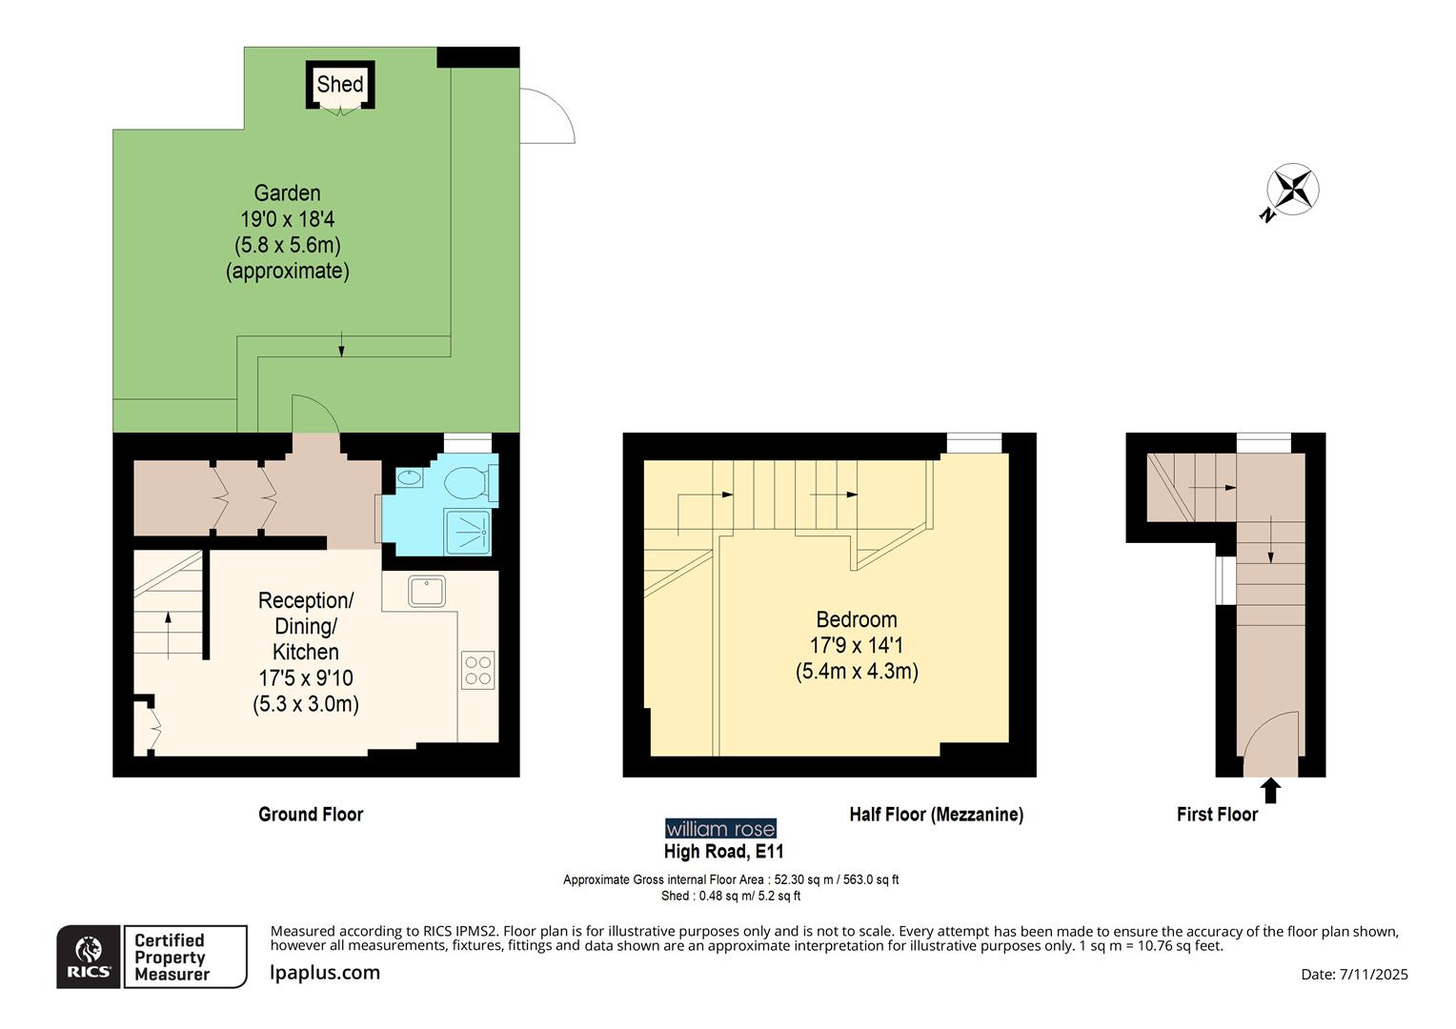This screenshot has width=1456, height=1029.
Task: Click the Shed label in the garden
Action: pos(340,84)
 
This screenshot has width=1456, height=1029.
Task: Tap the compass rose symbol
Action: pos(1292,189)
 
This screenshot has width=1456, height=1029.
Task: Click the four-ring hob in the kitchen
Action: pos(478,669)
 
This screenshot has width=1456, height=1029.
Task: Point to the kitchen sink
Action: pos(427,591)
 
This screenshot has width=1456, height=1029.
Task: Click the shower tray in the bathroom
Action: pos(468,531)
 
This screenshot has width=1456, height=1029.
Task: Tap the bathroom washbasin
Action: pos(410,478)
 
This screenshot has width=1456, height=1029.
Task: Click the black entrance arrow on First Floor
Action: pos(1270,791)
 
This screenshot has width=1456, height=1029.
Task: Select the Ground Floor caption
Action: pos(311,815)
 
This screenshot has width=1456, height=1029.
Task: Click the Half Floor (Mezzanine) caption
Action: pos(936,815)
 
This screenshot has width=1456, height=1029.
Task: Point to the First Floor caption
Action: pos(1217,815)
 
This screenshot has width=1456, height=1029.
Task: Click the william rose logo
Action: pos(720,829)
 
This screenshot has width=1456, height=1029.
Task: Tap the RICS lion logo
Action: pos(89,956)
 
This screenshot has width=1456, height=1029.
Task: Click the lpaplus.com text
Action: pos(325,973)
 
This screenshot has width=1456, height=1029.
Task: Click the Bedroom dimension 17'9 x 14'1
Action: pos(856,645)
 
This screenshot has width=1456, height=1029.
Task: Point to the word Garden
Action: pos(287,193)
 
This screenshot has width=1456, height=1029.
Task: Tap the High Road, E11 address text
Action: pos(723,852)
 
